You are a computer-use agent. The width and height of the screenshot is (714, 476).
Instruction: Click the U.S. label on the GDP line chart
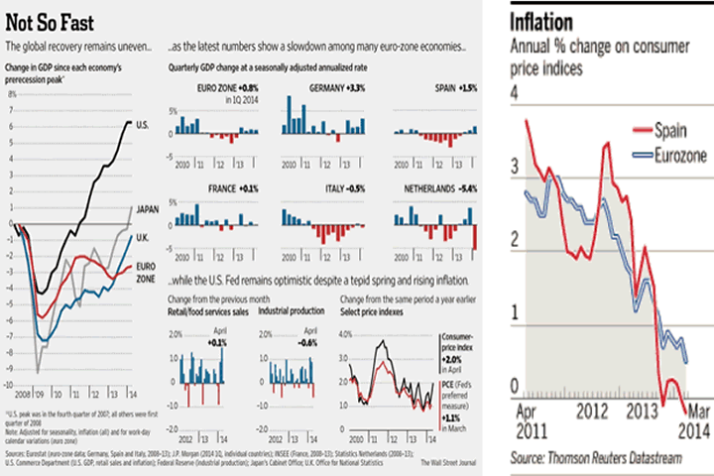coord(143,122)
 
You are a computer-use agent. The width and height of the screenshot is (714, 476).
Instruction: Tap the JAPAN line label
coord(147,208)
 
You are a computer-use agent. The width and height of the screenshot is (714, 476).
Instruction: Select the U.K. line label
coord(143,236)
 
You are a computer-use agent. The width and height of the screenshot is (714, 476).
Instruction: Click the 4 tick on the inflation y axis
coord(515,93)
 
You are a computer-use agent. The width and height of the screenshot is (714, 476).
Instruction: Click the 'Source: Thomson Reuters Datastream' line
coord(602,459)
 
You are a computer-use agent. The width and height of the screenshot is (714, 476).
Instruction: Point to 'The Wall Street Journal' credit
coord(449,462)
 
